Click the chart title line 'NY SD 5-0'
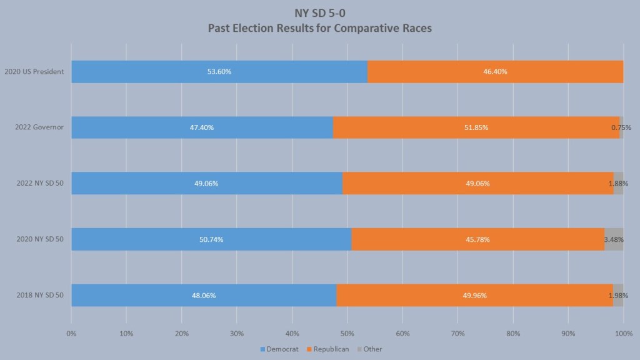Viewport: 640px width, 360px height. pyautogui.click(x=320, y=13)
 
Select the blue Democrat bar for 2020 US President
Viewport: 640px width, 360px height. pyautogui.click(x=156, y=72)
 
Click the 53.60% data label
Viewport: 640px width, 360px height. pyautogui.click(x=219, y=72)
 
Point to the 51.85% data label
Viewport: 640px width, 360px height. pyautogui.click(x=476, y=127)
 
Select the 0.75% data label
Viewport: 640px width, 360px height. pyautogui.click(x=621, y=127)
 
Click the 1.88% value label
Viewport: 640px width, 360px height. pyautogui.click(x=618, y=184)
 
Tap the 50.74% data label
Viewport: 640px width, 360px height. pyautogui.click(x=211, y=239)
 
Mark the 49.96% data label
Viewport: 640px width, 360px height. pyautogui.click(x=474, y=295)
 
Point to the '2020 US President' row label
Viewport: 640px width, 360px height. pyautogui.click(x=34, y=72)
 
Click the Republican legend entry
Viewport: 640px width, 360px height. pyautogui.click(x=329, y=349)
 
